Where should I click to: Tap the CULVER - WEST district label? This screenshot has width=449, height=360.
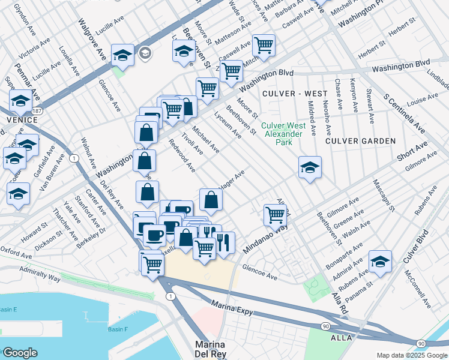(294, 94)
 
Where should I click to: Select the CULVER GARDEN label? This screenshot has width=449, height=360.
(360, 141)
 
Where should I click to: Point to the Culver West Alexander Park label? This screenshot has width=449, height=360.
(283, 134)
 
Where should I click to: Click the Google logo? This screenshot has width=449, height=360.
(20, 352)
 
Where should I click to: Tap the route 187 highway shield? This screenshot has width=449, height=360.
(37, 111)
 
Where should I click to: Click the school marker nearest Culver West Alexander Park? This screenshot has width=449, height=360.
(310, 167)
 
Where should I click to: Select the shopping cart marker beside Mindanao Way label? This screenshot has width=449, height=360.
(275, 214)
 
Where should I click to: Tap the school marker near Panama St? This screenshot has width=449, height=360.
(380, 262)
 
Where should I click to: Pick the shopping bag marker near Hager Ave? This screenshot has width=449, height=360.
(211, 200)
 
